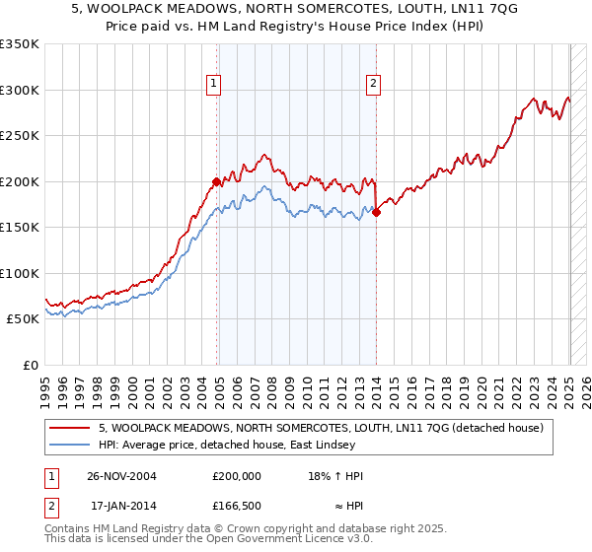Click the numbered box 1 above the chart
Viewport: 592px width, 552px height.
click(x=213, y=85)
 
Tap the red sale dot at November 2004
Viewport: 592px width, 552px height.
click(x=217, y=181)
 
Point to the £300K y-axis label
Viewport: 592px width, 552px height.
click(x=20, y=90)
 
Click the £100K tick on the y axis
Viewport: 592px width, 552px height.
click(x=20, y=273)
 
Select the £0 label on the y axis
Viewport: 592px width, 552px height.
click(x=31, y=365)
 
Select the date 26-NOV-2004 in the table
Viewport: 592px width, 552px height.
click(x=122, y=476)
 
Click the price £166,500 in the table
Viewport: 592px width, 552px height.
click(x=237, y=507)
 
